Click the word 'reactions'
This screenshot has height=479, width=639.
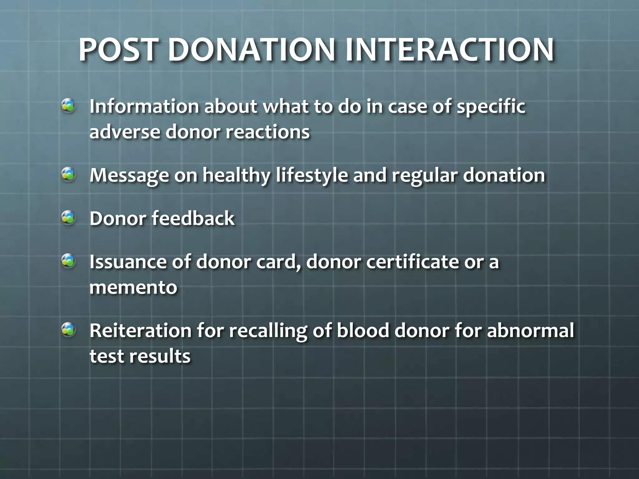(267, 132)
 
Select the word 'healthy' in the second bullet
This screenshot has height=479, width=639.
(236, 176)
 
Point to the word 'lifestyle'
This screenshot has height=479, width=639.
(312, 176)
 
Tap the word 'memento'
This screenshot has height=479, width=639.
(133, 288)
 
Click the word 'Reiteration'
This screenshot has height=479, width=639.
(140, 331)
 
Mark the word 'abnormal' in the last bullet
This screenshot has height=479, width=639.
(530, 331)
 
